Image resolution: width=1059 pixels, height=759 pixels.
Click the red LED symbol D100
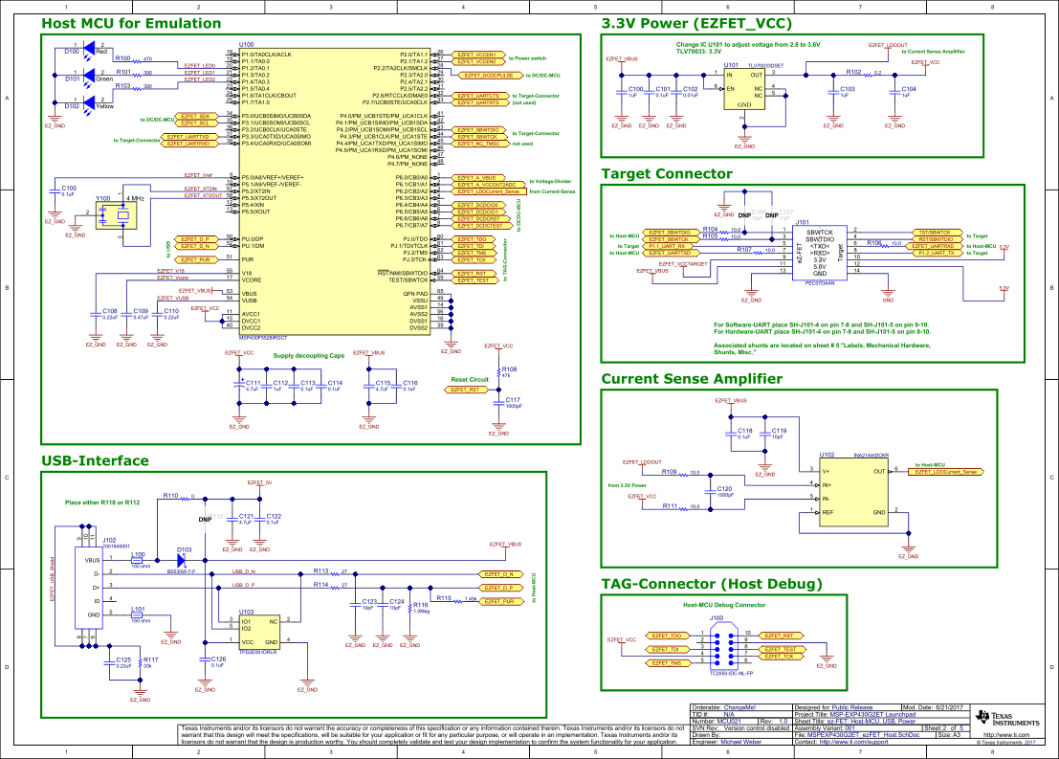click(x=91, y=46)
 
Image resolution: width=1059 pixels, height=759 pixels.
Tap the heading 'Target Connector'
click(x=666, y=173)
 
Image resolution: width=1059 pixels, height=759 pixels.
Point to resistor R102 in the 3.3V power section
click(x=855, y=74)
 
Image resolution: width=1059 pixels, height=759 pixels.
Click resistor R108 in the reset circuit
click(x=496, y=372)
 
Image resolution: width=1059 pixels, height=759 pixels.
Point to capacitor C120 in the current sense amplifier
click(x=724, y=494)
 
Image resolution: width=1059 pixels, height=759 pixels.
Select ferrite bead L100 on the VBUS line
click(x=138, y=560)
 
